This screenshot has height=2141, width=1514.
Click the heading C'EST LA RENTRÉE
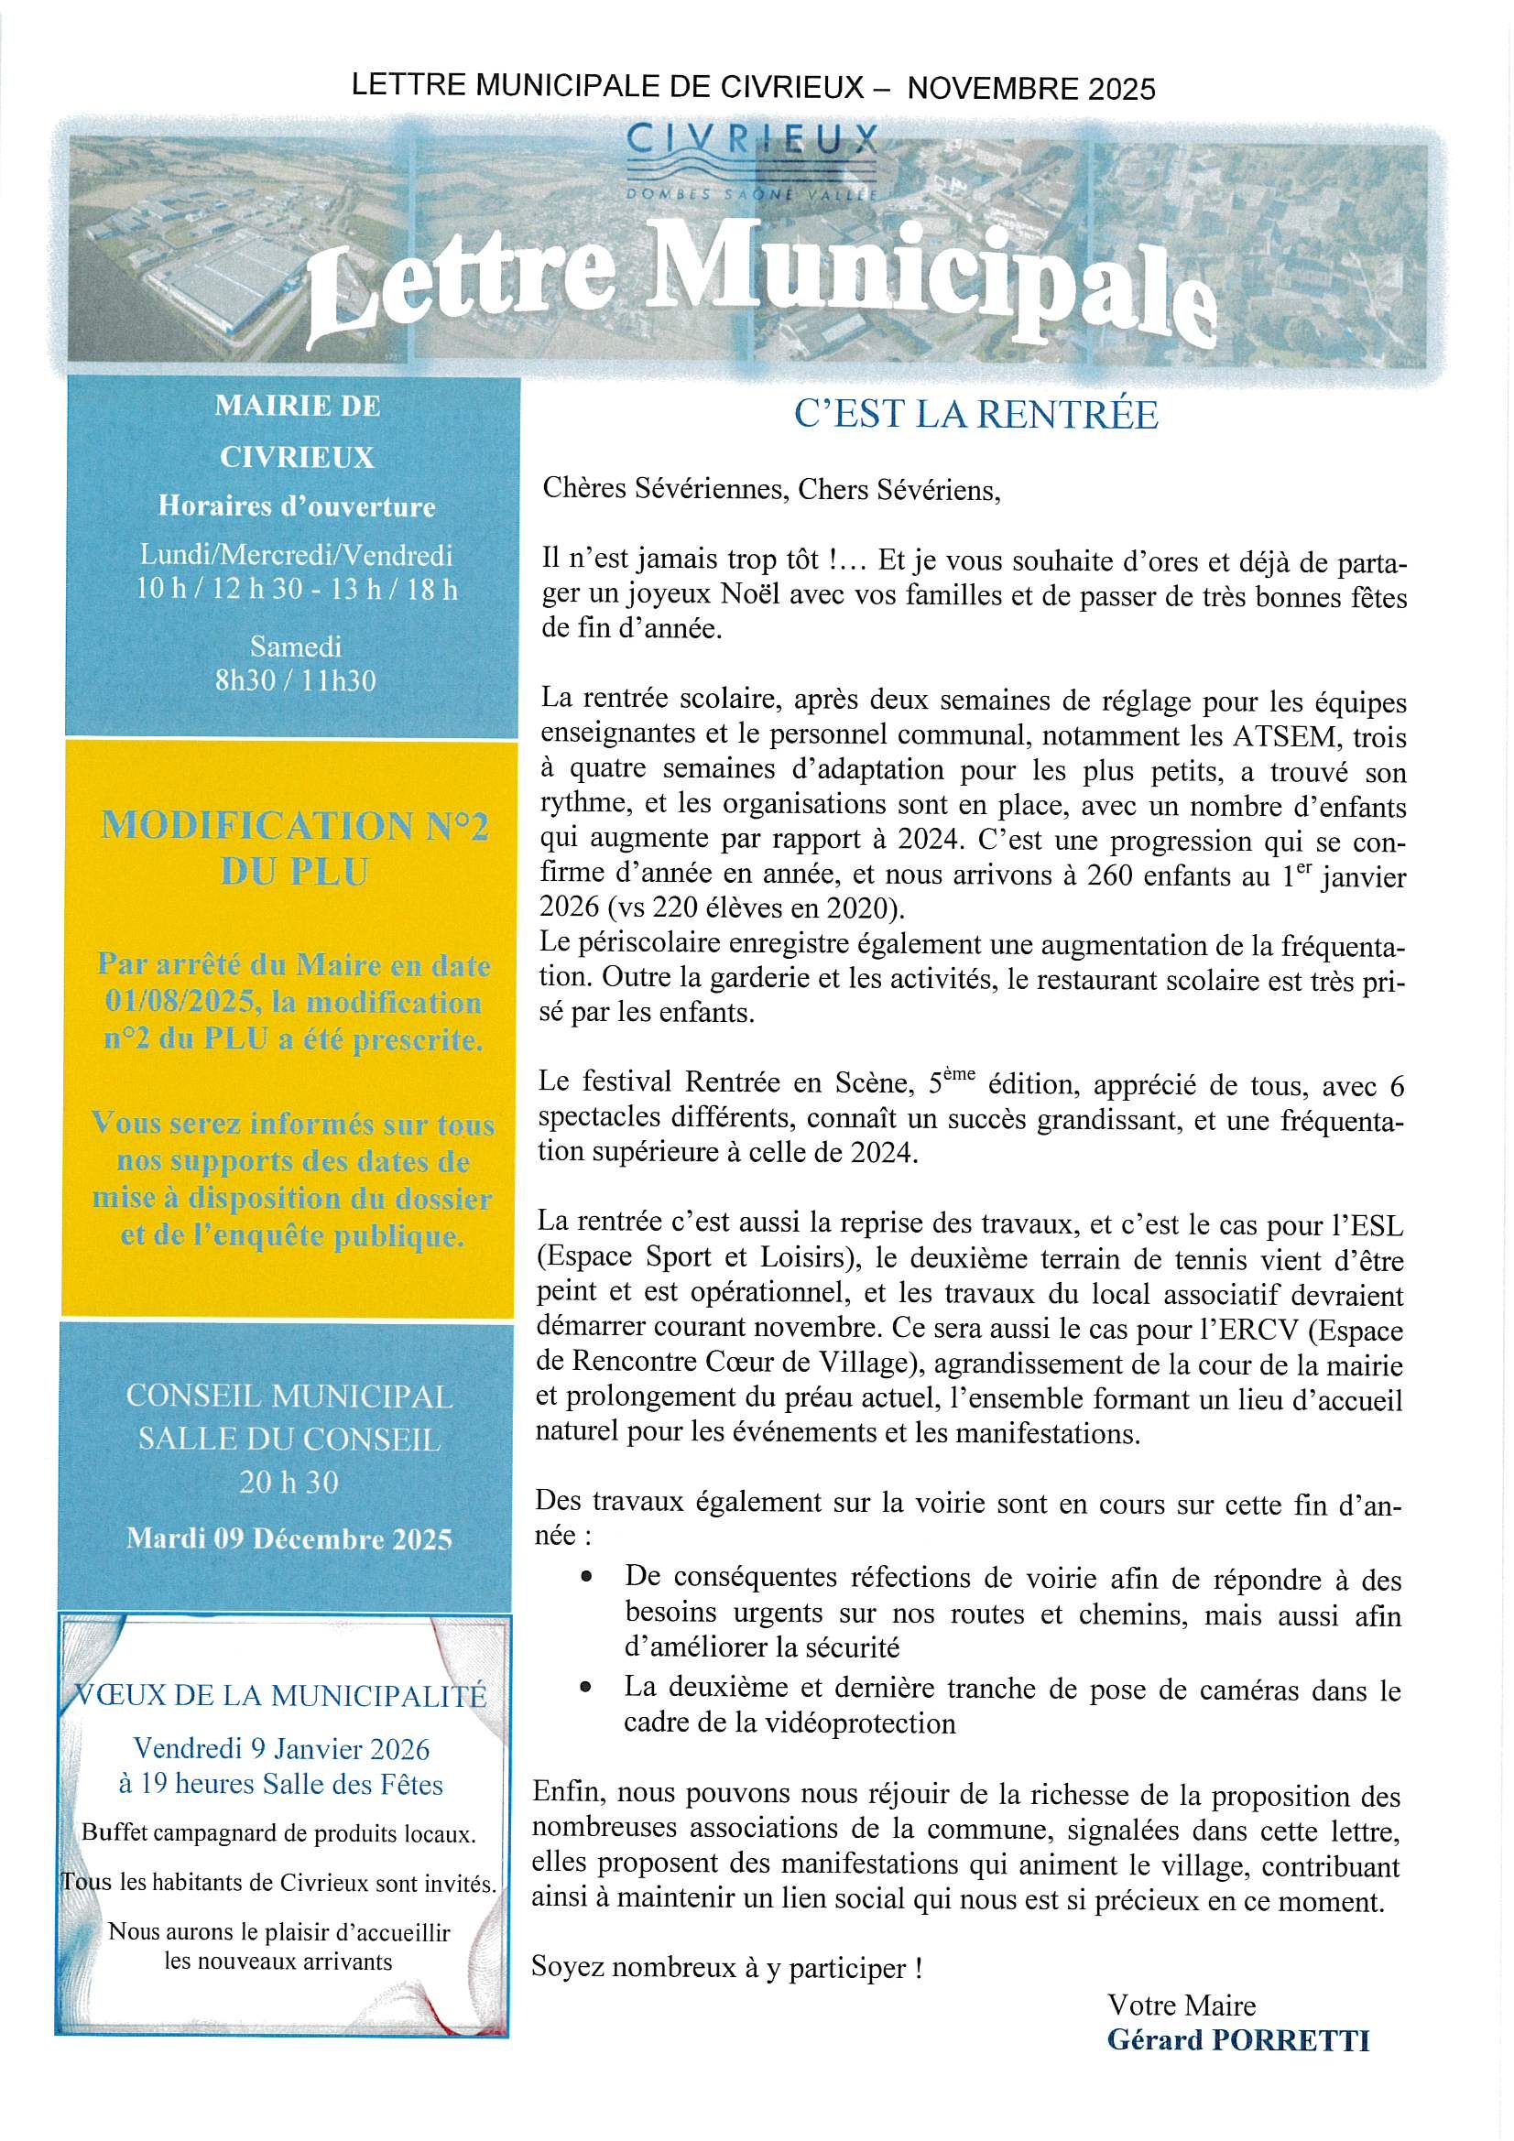point(975,414)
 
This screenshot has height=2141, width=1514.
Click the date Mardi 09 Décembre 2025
point(289,1538)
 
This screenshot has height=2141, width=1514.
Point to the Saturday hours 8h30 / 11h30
point(296,680)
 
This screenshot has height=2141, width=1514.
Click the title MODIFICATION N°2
point(294,826)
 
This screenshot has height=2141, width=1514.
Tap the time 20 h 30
point(289,1482)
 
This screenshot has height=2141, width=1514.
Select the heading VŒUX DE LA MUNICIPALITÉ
point(280,1694)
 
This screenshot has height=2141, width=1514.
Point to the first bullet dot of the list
point(586,1576)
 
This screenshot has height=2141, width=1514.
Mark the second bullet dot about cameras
point(586,1686)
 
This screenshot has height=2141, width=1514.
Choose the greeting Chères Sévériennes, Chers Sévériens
point(770,490)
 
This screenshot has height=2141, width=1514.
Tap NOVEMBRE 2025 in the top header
point(1030,89)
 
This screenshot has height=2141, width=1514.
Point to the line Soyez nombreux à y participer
point(726,1968)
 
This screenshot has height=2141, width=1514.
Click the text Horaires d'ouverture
point(297,506)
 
